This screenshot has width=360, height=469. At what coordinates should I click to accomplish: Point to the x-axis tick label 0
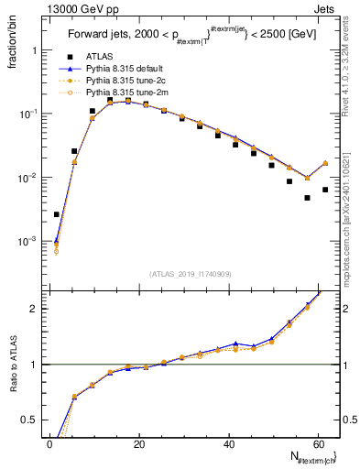click(x=49, y=445)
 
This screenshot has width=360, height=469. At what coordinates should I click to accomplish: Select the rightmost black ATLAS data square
click(x=325, y=190)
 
